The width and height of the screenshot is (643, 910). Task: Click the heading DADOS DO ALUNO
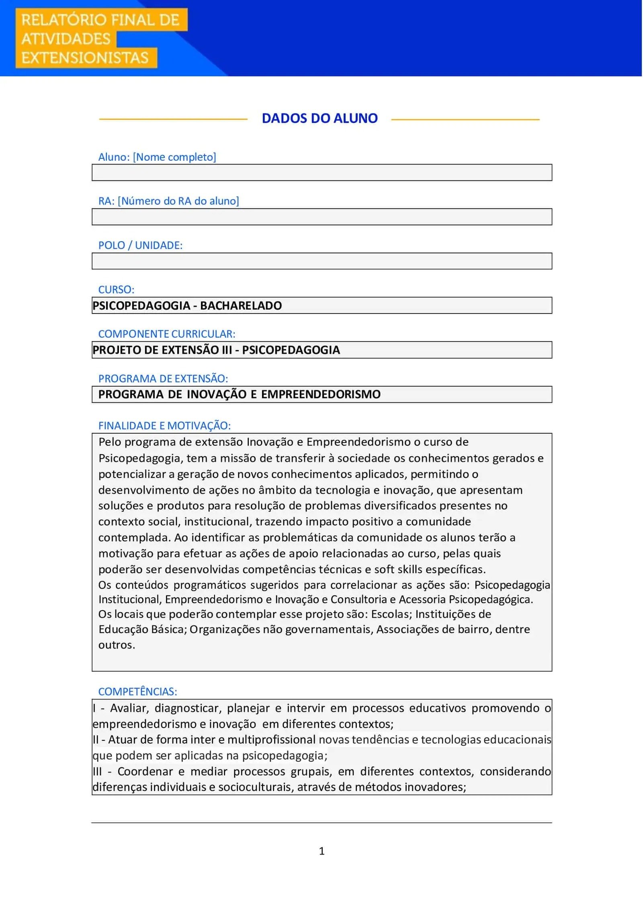click(319, 119)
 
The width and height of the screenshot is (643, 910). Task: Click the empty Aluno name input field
click(321, 172)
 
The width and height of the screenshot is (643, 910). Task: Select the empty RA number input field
click(321, 217)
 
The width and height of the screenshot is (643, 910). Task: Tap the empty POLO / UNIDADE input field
click(321, 261)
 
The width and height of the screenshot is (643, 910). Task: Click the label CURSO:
click(116, 289)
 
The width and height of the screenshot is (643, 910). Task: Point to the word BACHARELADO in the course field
click(241, 305)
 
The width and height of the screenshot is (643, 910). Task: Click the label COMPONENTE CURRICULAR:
click(167, 334)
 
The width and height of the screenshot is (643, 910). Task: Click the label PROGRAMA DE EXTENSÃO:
click(163, 378)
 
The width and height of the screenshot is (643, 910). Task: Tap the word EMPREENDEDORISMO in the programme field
click(321, 394)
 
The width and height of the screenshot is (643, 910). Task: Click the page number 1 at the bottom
click(321, 851)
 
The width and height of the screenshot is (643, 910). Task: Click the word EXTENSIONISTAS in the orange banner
click(85, 58)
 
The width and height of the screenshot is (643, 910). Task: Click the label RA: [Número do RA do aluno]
click(168, 201)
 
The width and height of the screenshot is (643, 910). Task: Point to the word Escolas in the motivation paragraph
click(389, 614)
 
